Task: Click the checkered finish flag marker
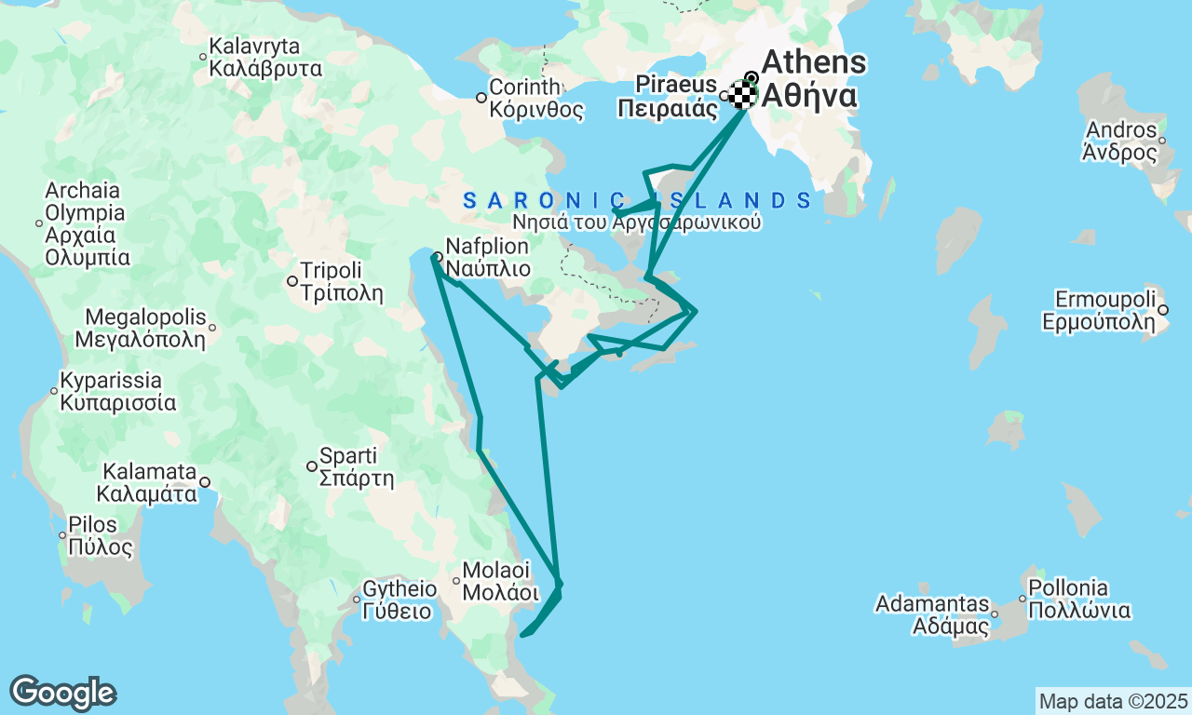tap(742, 95)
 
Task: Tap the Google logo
tap(62, 693)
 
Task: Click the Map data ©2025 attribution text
tap(1113, 701)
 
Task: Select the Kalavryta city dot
tap(203, 57)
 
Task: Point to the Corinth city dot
tap(481, 98)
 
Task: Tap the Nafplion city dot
tap(438, 257)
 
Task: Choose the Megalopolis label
tap(145, 327)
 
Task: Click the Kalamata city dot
tap(205, 482)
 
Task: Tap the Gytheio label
tap(399, 600)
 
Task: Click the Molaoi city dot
tap(456, 580)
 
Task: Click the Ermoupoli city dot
tap(1163, 310)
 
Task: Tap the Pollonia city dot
tap(1023, 599)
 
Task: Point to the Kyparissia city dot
tap(54, 391)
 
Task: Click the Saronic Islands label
tap(637, 200)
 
